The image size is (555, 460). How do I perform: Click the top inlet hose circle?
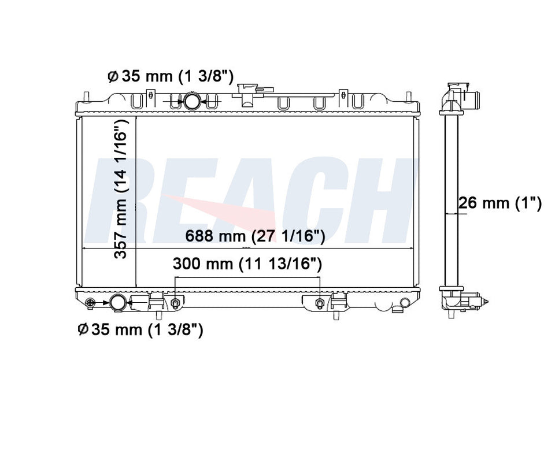[192, 101]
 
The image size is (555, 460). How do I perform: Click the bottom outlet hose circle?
[118, 303]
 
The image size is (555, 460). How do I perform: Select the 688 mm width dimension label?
[255, 236]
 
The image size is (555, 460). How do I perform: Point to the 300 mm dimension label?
[247, 264]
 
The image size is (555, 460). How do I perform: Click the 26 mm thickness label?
[500, 203]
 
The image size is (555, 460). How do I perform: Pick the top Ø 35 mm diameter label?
[170, 76]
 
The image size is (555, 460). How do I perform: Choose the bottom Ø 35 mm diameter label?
[140, 330]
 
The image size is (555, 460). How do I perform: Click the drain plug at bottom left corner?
[91, 303]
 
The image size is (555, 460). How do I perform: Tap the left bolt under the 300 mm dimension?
[175, 303]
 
